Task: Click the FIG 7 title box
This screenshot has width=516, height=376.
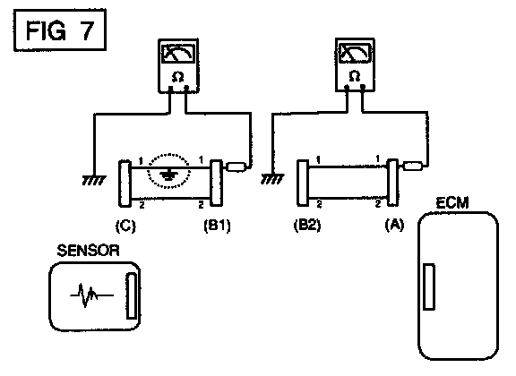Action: pos(59,30)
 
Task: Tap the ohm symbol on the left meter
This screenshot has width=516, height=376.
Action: pos(178,77)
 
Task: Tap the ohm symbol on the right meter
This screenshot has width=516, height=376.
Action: pos(355,76)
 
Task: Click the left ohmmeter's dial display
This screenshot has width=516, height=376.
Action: pos(178,54)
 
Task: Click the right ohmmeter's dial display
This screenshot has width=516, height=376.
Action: pos(355,53)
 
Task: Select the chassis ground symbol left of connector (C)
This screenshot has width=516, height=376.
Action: pos(94,180)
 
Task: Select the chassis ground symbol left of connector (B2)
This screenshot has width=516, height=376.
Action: pos(272,179)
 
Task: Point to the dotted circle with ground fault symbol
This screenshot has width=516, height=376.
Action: pos(168,171)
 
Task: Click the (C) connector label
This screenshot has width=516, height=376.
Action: pos(125,226)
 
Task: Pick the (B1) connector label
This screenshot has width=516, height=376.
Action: pos(217,226)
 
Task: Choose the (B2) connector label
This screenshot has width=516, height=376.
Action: pos(307,225)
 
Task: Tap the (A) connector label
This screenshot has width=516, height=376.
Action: pos(394,225)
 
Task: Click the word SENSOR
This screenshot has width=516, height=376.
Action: pos(88,251)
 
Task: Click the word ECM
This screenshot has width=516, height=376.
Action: pos(452,203)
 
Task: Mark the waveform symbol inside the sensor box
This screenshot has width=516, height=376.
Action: pos(91,295)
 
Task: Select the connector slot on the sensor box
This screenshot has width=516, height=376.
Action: pos(132,295)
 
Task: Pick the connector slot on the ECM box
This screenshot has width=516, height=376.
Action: pos(429,286)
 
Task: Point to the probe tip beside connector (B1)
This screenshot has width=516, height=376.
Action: pos(236,167)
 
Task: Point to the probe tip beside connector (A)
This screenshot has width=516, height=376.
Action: pos(413,166)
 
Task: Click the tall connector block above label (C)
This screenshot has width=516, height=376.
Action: pos(125,184)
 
